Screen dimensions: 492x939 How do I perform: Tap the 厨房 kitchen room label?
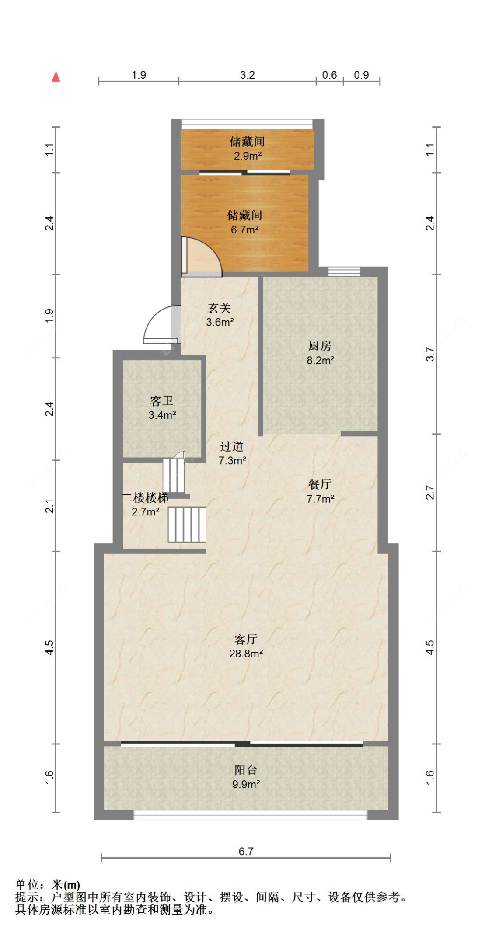click(320, 346)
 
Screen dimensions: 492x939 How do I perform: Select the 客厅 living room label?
click(246, 640)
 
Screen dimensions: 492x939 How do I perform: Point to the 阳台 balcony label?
click(246, 770)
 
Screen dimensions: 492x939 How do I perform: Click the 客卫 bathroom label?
click(162, 401)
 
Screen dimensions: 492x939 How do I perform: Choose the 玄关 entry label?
click(220, 308)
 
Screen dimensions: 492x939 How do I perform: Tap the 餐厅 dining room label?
click(320, 484)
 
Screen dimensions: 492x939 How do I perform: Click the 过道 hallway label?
click(232, 446)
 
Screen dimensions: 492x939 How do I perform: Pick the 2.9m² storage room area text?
click(248, 156)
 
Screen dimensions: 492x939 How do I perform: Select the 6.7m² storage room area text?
click(245, 230)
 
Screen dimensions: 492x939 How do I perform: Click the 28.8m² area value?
click(246, 654)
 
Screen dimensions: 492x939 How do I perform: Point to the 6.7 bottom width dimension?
click(246, 851)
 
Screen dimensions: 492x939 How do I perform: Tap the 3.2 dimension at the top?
click(247, 75)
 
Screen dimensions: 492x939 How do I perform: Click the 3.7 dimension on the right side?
click(430, 354)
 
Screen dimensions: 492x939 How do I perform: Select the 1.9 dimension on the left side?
click(49, 316)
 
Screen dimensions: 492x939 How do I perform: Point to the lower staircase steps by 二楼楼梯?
click(187, 525)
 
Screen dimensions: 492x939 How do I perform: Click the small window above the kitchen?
click(344, 271)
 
